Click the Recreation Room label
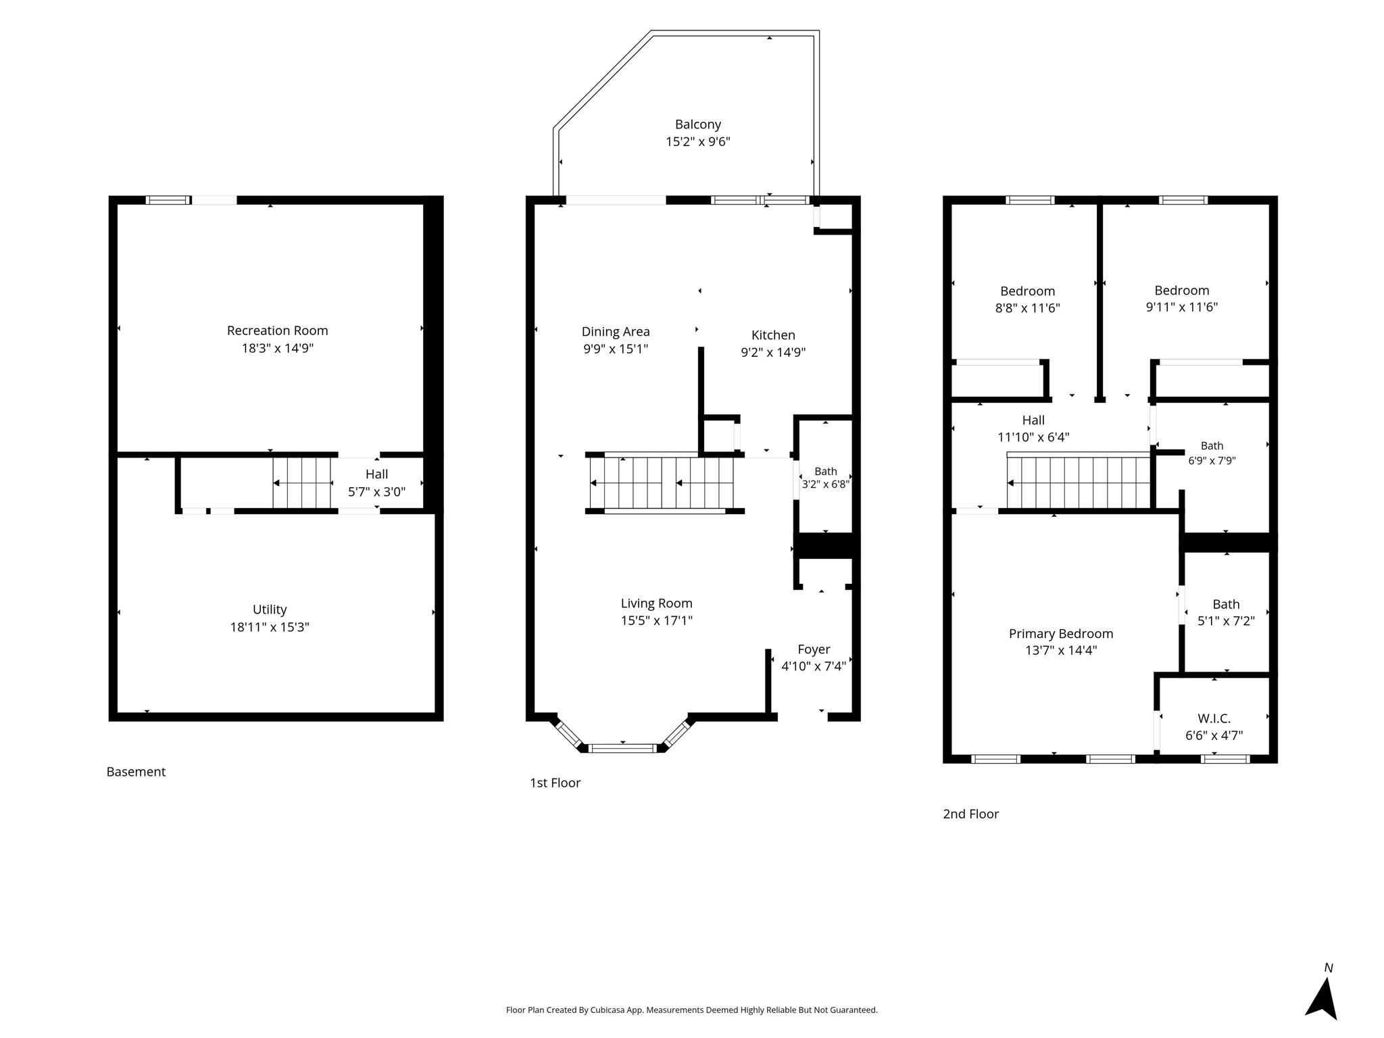[277, 330]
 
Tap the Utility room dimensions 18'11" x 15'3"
[270, 627]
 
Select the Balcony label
[698, 124]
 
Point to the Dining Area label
[616, 332]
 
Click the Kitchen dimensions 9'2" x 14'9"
[773, 352]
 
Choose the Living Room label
[657, 603]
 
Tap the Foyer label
[814, 649]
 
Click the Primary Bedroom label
[1061, 634]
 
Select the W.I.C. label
[1214, 718]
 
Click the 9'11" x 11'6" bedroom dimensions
[1182, 307]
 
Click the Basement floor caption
[136, 772]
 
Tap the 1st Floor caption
[555, 783]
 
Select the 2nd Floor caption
[970, 814]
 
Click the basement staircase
[302, 483]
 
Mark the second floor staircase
[1079, 483]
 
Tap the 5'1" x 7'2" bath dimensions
[1226, 621]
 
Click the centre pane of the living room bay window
[622, 748]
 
